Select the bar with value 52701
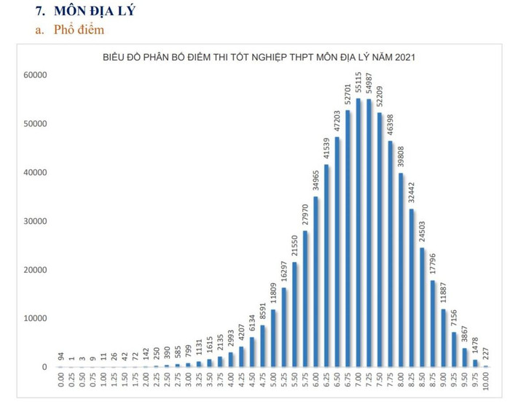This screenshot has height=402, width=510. coord(348,238)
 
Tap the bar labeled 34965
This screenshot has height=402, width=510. coord(315,281)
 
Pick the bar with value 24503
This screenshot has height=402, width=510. coord(422,306)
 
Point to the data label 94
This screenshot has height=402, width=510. coord(61,357)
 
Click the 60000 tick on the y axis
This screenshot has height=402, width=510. coord(35,74)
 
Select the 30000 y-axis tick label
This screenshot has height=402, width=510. coord(35,221)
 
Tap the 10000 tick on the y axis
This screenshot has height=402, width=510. coord(35,318)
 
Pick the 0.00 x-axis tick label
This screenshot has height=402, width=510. coord(61,382)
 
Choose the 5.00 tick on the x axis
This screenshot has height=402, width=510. coord(273,382)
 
